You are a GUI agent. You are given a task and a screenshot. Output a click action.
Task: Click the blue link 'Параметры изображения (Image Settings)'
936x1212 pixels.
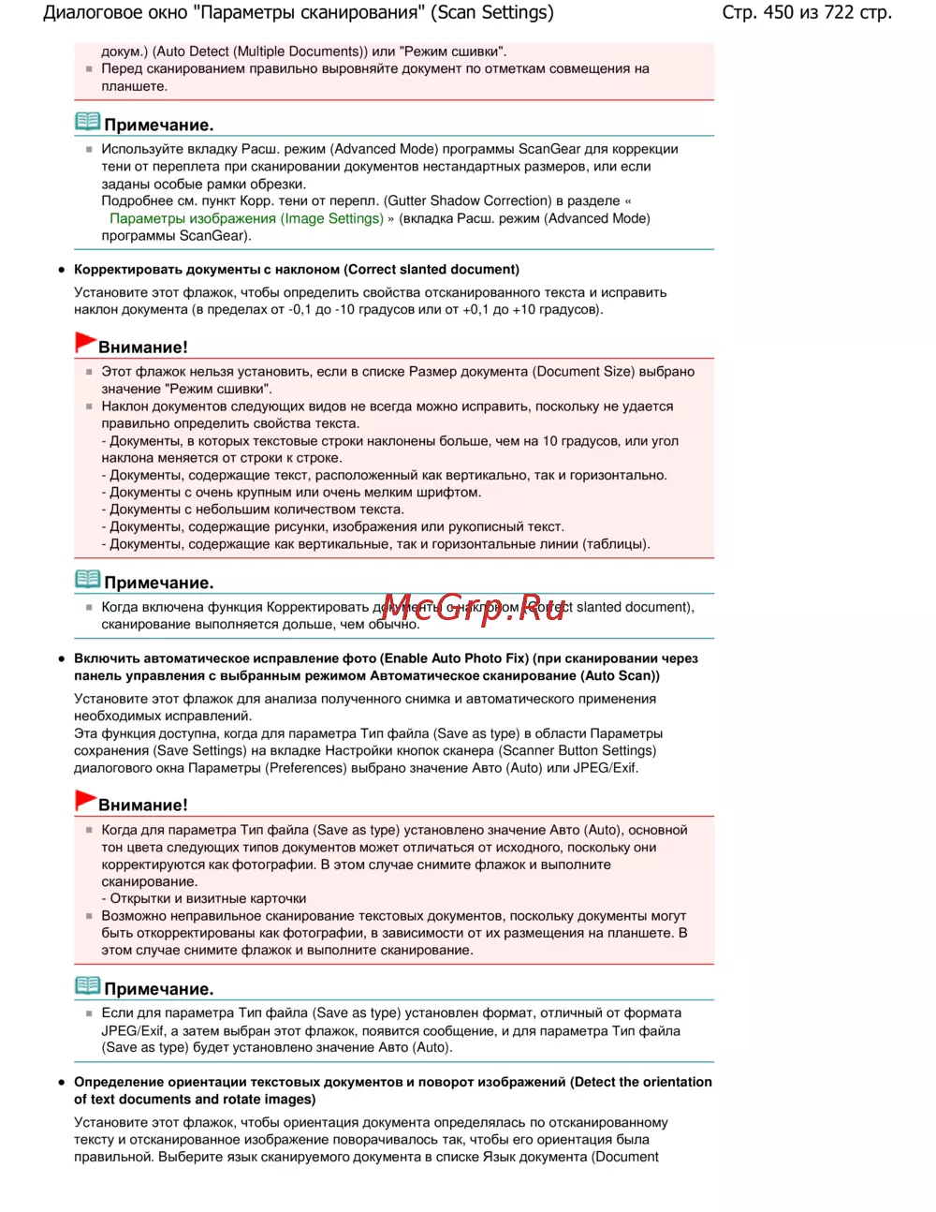pyautogui.click(x=246, y=218)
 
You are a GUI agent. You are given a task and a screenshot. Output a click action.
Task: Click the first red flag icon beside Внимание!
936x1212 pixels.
pyautogui.click(x=85, y=343)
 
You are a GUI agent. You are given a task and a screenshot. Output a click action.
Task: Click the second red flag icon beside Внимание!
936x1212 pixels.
pyautogui.click(x=85, y=801)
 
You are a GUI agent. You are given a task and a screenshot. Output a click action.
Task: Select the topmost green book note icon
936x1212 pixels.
pyautogui.click(x=87, y=122)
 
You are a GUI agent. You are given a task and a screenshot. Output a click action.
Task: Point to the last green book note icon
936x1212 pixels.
pyautogui.click(x=87, y=985)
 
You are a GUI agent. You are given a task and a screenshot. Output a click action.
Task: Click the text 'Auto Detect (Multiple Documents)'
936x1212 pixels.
pyautogui.click(x=259, y=52)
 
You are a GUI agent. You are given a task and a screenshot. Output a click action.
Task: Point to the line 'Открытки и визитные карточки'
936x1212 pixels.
pyautogui.click(x=208, y=898)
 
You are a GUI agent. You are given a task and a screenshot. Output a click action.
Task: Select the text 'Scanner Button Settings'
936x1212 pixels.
pyautogui.click(x=578, y=750)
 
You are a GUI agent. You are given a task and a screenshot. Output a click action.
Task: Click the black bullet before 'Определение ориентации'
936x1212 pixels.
pyautogui.click(x=62, y=1082)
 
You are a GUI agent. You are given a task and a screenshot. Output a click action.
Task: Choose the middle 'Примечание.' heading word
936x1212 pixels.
pyautogui.click(x=159, y=583)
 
